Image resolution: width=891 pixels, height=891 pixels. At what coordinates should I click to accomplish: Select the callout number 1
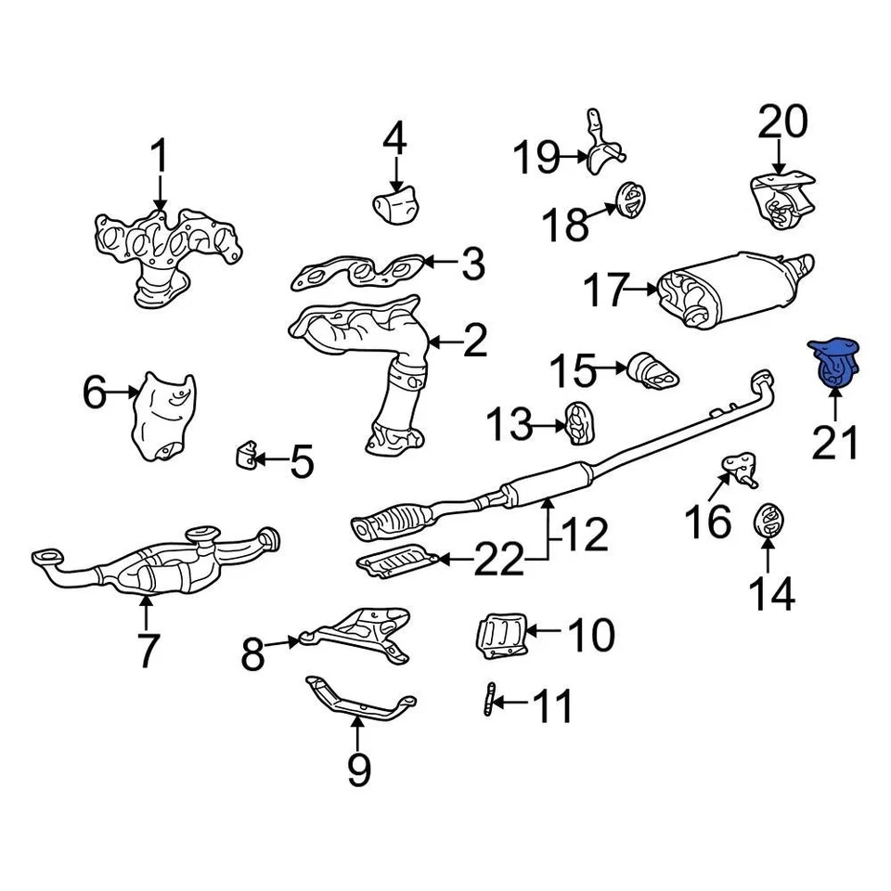pyautogui.click(x=160, y=157)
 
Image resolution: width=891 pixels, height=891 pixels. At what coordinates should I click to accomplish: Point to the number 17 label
pyautogui.click(x=606, y=291)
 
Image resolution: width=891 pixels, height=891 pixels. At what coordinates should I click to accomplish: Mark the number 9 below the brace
pyautogui.click(x=358, y=768)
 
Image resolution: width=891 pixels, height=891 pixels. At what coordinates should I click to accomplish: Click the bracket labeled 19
pyautogui.click(x=600, y=148)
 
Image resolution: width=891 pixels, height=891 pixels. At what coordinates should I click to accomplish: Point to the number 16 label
pyautogui.click(x=710, y=521)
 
